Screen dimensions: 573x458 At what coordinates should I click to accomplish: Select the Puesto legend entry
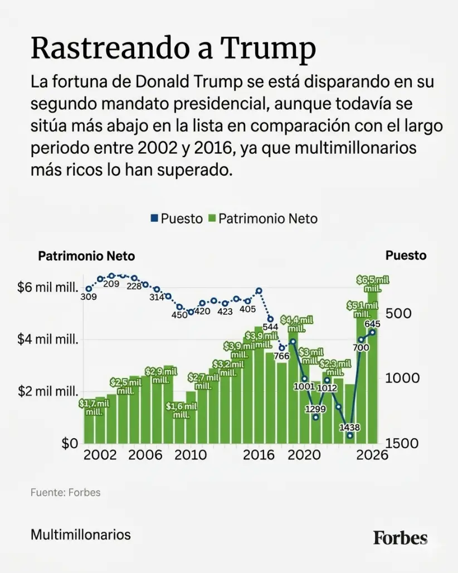pos(177,218)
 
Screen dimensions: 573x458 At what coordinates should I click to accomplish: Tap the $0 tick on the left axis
pos(70,444)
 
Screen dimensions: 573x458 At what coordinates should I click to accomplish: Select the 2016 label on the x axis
pos(260,455)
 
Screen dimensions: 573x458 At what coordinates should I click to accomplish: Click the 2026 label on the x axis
pos(372,455)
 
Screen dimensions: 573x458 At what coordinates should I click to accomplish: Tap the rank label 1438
pos(349,428)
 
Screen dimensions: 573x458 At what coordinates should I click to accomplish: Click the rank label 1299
pos(315,409)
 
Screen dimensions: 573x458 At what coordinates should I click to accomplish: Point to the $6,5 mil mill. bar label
pos(372,284)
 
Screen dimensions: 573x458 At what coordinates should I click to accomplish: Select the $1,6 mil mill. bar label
pos(181,411)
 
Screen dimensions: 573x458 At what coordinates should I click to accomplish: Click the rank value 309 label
pos(88,297)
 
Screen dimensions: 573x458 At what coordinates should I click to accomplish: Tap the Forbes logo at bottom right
pos(400,537)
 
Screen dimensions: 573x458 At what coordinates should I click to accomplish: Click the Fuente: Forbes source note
pos(65,493)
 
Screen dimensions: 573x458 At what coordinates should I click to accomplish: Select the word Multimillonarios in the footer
pos(81,535)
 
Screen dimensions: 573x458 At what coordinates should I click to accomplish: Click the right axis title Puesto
pos(406,255)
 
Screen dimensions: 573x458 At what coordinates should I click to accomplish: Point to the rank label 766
pos(282,356)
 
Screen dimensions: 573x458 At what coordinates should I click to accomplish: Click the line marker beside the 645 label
pos(372,332)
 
